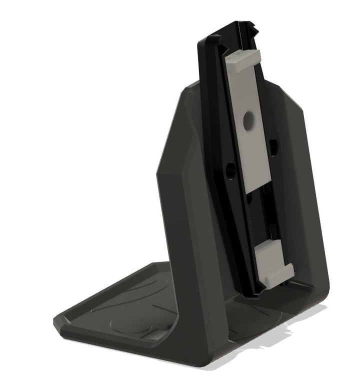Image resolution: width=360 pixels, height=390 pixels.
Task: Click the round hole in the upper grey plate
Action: [x=248, y=120]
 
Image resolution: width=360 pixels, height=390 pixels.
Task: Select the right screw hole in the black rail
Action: [x=273, y=145]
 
